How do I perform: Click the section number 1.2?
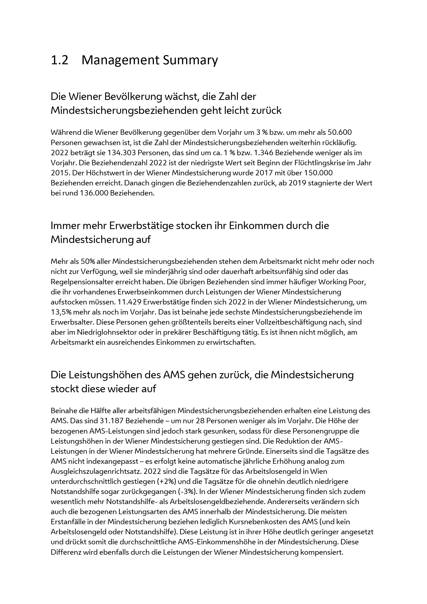pyautogui.click(x=59, y=60)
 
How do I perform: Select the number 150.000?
pyautogui.click(x=318, y=173)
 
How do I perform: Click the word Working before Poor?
pyautogui.click(x=334, y=282)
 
